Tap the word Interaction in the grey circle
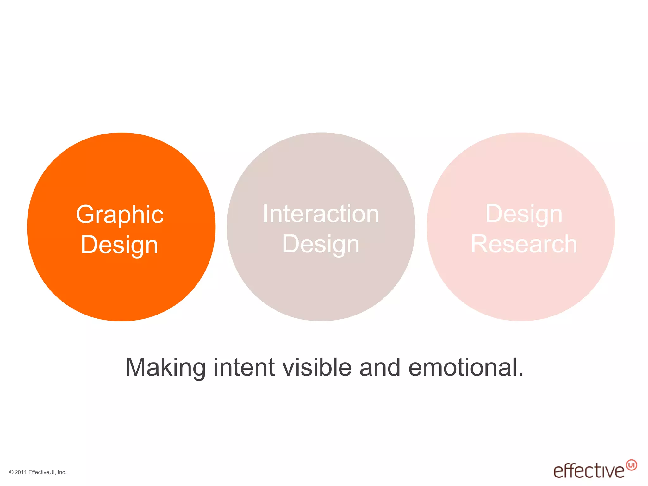(321, 214)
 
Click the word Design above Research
(524, 214)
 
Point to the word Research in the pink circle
(524, 244)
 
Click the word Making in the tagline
(165, 367)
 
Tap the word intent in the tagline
(244, 367)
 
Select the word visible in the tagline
(317, 367)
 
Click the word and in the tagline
(380, 367)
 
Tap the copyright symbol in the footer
(11, 473)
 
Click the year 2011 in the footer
(21, 472)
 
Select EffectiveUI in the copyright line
(42, 472)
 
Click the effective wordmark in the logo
(589, 471)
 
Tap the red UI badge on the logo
(632, 465)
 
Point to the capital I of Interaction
(265, 214)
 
